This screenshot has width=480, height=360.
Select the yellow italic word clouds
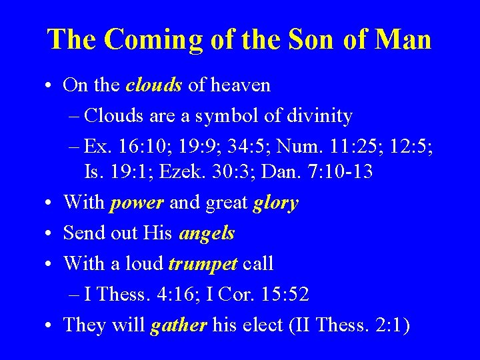[155, 85]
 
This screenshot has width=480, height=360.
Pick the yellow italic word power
[137, 203]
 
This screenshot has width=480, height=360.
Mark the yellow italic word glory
[275, 203]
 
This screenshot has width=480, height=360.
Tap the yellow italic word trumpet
[203, 264]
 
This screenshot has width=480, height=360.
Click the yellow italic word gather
[179, 325]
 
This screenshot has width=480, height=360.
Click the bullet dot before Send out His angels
[51, 234]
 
